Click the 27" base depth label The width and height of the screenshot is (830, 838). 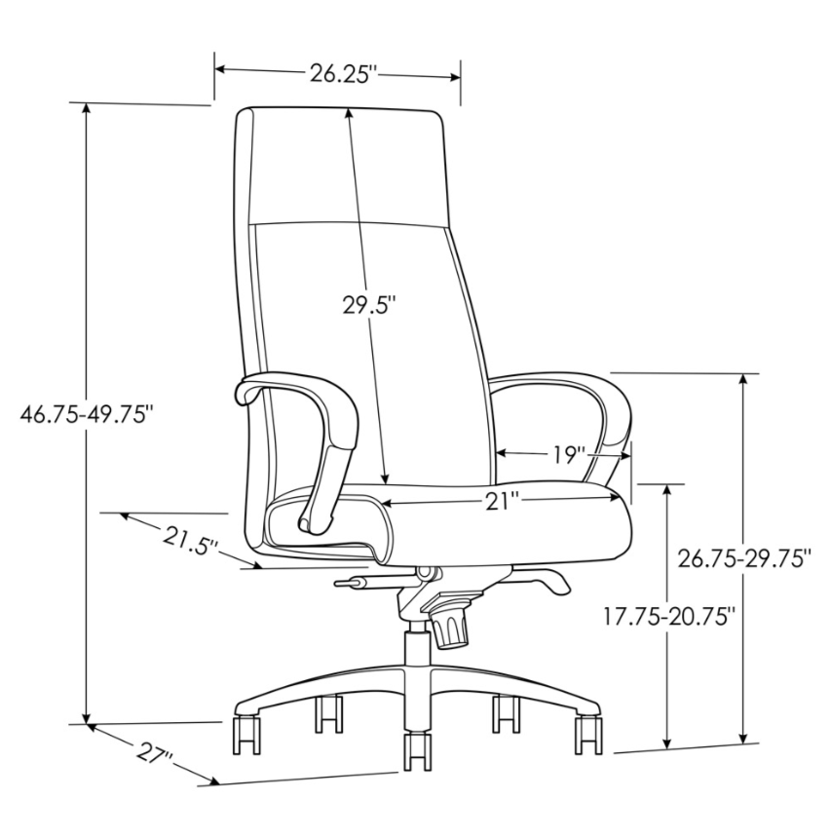click(155, 755)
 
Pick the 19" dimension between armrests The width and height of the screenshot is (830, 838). click(565, 454)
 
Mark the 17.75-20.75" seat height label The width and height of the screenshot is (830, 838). click(668, 617)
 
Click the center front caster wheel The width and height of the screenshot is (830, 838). click(417, 751)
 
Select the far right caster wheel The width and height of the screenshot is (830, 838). click(589, 733)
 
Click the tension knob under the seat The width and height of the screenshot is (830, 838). click(450, 626)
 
